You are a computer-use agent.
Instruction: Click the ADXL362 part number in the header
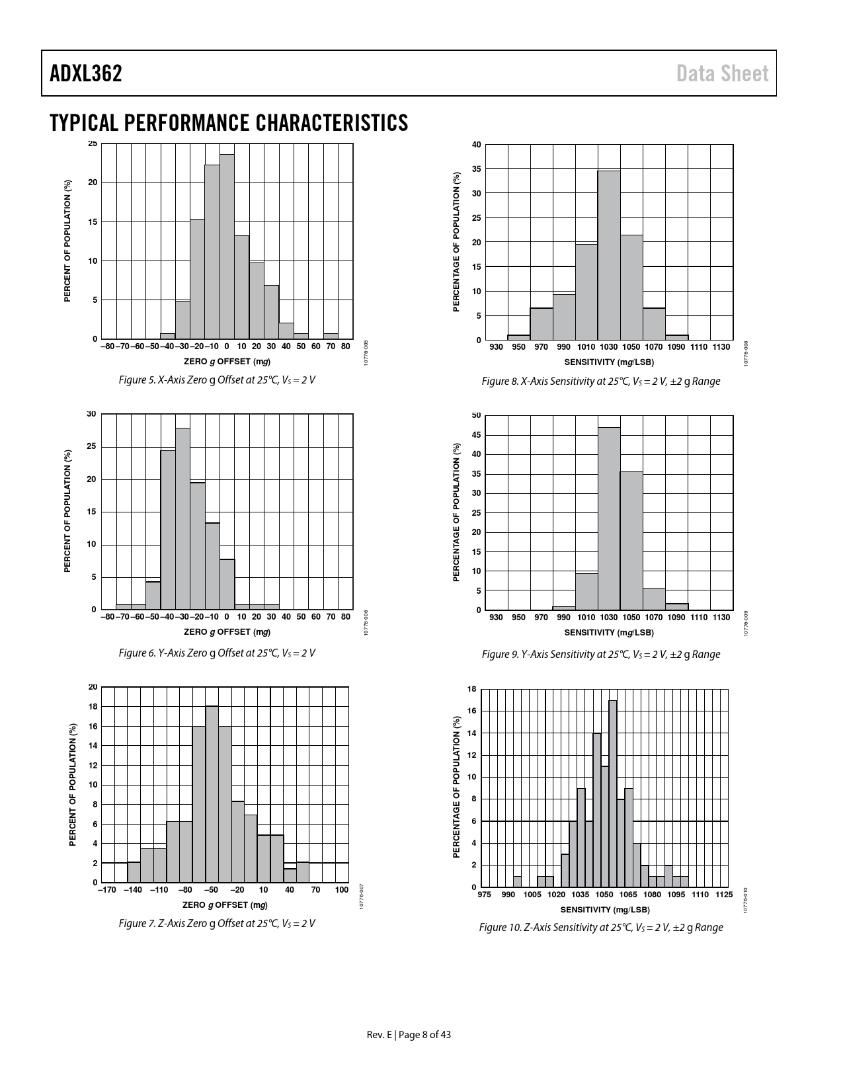click(x=86, y=73)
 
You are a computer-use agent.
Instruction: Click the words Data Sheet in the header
click(x=723, y=73)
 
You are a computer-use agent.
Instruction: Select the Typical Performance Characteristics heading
click(x=229, y=123)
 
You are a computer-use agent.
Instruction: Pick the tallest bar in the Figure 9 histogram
click(x=609, y=518)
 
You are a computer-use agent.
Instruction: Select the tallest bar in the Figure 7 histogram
click(x=212, y=794)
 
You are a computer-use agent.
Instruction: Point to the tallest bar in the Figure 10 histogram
click(x=613, y=793)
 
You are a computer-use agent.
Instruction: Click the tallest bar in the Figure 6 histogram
click(x=182, y=518)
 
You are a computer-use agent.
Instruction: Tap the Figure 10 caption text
click(x=601, y=927)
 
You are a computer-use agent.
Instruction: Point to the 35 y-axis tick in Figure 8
click(x=477, y=169)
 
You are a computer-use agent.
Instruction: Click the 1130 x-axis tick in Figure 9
click(x=721, y=618)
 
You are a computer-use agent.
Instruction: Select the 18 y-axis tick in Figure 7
click(x=93, y=707)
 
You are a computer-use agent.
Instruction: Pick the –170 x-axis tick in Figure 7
click(x=106, y=890)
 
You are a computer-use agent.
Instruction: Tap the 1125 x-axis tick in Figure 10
click(x=723, y=895)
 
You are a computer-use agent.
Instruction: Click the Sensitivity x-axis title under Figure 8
click(x=609, y=362)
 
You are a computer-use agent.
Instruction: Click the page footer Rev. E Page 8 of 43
click(x=409, y=1035)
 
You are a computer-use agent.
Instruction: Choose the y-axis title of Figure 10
click(x=456, y=788)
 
